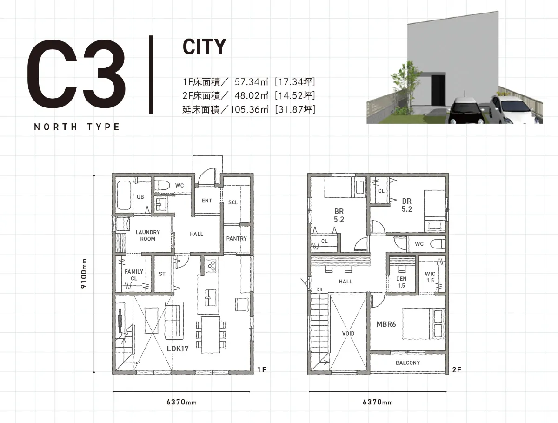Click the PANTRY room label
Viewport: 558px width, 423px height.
(236, 239)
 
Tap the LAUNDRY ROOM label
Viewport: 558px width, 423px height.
(148, 235)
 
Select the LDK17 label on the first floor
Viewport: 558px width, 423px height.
(178, 349)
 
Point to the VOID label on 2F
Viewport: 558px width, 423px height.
(348, 334)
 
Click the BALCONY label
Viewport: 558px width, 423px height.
(408, 363)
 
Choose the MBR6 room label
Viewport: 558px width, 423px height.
(386, 324)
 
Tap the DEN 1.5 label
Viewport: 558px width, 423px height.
(401, 282)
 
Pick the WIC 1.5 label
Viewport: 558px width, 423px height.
(430, 277)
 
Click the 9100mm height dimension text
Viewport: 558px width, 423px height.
(84, 274)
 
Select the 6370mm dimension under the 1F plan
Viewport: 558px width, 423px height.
(181, 402)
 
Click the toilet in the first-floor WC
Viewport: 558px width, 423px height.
(162, 185)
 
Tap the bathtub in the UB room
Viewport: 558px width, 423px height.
(124, 195)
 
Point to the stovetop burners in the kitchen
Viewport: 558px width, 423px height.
(211, 266)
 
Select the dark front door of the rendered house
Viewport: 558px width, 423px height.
(438, 90)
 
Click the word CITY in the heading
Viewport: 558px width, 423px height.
(205, 47)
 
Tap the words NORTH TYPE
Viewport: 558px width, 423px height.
(77, 127)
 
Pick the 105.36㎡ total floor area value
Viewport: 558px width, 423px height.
(249, 110)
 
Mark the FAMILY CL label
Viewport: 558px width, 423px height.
(134, 275)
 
